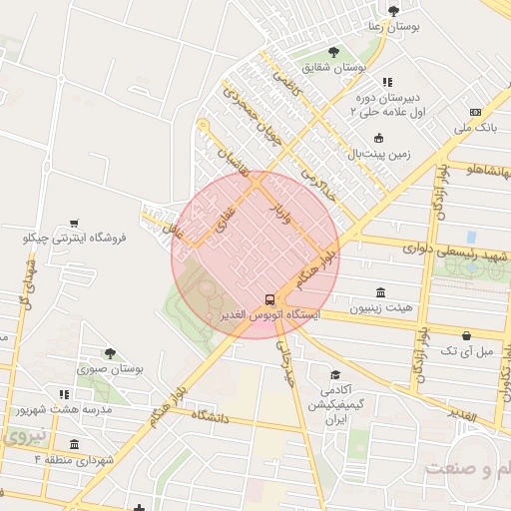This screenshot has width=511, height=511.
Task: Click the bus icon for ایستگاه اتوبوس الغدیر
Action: [x=268, y=299]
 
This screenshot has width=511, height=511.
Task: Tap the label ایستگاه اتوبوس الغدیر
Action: [x=268, y=315]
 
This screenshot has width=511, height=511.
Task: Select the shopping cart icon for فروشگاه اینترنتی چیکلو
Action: [x=75, y=224]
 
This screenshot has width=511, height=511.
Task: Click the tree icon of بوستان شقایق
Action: [x=332, y=52]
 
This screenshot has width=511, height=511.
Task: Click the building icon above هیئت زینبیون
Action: [x=380, y=293]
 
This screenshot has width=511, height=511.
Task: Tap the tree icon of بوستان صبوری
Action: [x=110, y=353]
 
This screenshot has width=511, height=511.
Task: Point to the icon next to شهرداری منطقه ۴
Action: [x=74, y=443]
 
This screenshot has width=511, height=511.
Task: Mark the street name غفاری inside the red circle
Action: [x=226, y=216]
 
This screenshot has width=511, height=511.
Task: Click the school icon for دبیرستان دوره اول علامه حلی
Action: [x=387, y=83]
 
